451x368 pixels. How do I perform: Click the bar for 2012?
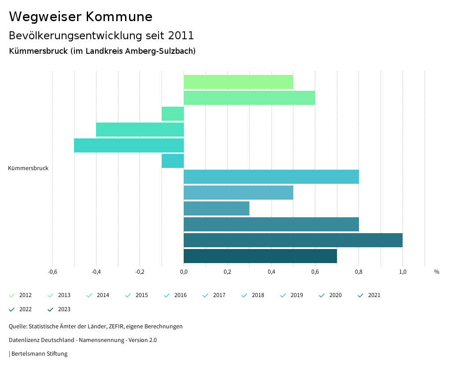click(238, 82)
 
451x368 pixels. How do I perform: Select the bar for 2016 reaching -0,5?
click(129, 145)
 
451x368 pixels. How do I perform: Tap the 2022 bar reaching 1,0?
click(293, 240)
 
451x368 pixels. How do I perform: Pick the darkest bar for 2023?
click(260, 256)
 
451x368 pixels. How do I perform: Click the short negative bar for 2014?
click(173, 114)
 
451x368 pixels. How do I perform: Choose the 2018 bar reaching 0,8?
click(271, 177)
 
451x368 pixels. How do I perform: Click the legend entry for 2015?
click(137, 295)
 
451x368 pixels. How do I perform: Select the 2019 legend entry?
click(292, 295)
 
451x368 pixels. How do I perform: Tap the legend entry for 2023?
click(59, 309)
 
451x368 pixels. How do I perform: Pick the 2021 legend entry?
click(370, 295)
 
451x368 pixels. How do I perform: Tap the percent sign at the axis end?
click(436, 272)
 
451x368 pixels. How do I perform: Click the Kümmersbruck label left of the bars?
click(28, 168)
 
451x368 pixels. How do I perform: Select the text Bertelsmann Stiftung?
click(39, 354)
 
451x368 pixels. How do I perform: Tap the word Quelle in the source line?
click(18, 327)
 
